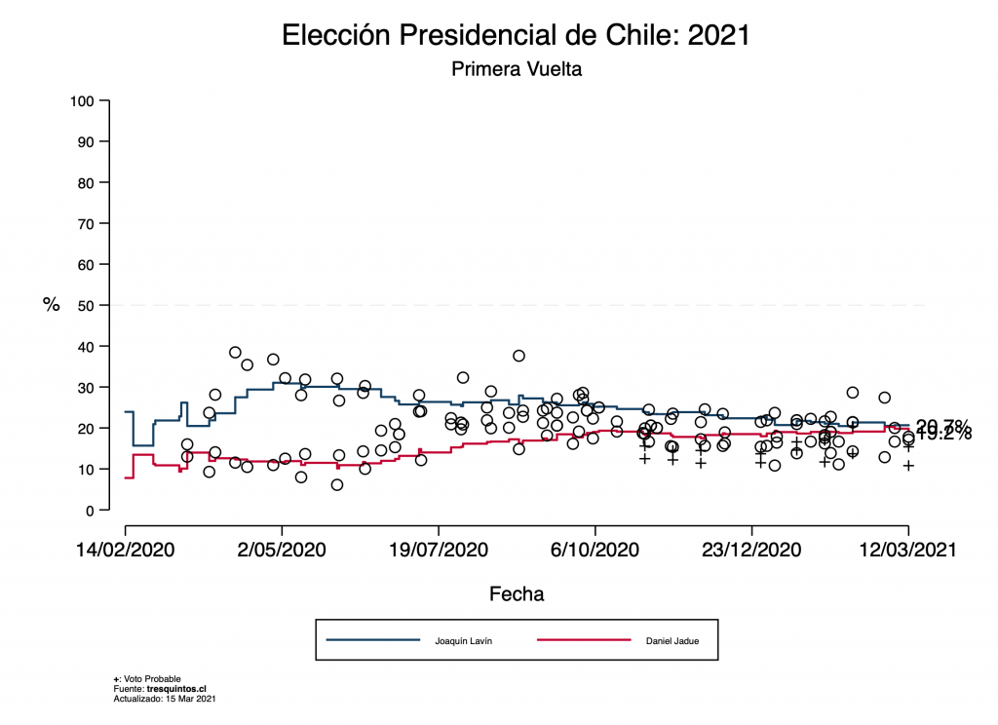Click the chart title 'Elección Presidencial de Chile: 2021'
pos(516,35)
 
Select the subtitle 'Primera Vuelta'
pos(516,69)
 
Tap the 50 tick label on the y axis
pos(86,306)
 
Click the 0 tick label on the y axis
pos(90,511)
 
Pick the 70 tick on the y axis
pos(86,224)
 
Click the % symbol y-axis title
pos(51,304)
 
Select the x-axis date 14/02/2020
pos(126,550)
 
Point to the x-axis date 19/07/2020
pos(439,550)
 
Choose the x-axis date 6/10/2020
pos(595,550)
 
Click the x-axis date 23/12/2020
pos(752,550)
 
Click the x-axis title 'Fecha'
pos(517,593)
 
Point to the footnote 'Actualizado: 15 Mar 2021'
pos(164,699)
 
